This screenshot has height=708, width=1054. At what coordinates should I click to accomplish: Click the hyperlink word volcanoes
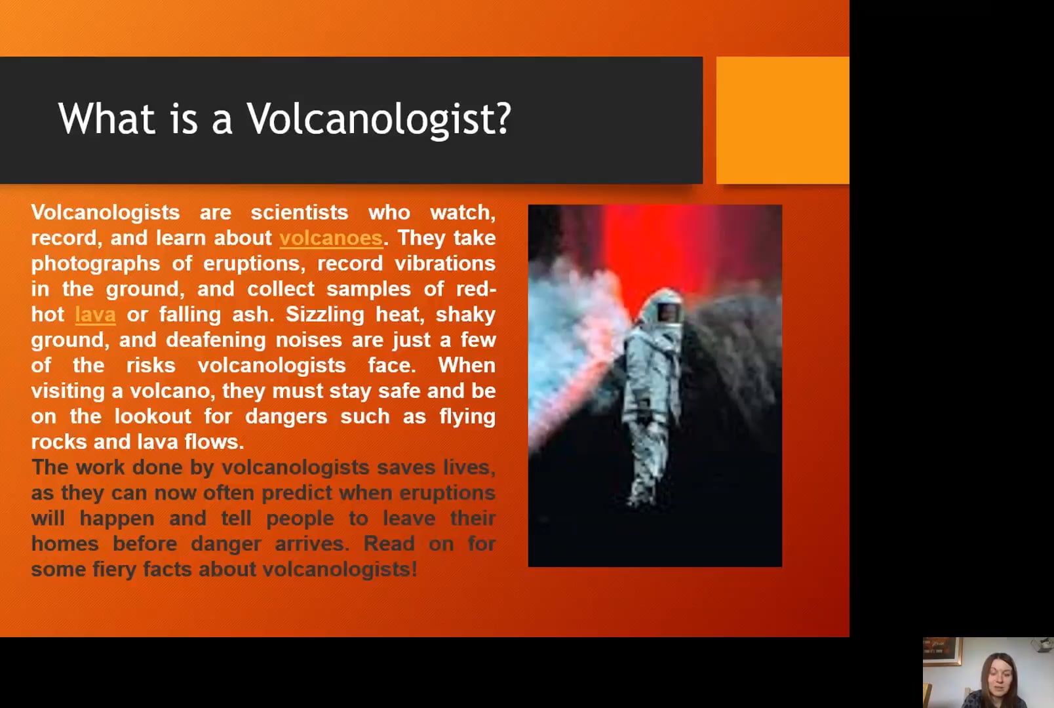[x=331, y=238]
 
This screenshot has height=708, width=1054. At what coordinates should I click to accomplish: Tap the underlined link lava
[x=95, y=315]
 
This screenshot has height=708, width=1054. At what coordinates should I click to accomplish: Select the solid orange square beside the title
[x=783, y=120]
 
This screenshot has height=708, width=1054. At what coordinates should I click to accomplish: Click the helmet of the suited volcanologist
[x=664, y=307]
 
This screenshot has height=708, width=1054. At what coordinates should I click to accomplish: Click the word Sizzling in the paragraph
[x=324, y=315]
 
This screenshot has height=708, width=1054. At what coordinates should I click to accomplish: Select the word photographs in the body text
[x=96, y=264]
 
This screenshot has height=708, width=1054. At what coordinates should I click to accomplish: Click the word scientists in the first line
[x=300, y=212]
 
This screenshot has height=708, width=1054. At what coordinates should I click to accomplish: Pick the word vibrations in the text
[x=445, y=263]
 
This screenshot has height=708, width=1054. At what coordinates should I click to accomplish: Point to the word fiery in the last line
[x=115, y=570]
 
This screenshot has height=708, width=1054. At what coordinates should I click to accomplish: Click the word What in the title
[x=106, y=119]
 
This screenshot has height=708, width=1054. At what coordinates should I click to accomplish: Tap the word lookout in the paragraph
[x=153, y=416]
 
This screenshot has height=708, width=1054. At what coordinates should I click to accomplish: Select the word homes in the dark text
[x=65, y=543]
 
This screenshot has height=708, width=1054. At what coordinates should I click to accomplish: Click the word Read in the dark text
[x=389, y=543]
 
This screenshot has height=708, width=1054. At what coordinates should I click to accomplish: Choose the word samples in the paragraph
[x=368, y=289]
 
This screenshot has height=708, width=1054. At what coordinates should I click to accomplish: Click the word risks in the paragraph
[x=151, y=365]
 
